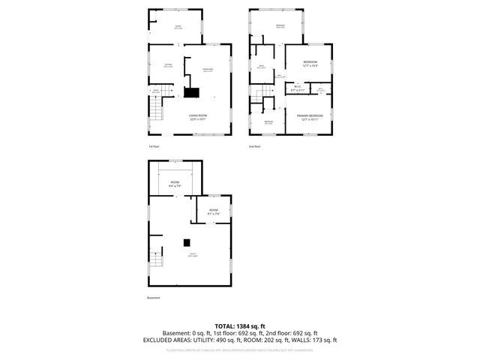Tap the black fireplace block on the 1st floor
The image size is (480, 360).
click(x=191, y=93)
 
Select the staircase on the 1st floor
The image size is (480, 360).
click(x=154, y=113)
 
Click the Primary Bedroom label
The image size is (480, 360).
click(x=310, y=117)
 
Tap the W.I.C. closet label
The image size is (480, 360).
click(x=297, y=88)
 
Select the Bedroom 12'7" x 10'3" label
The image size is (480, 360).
click(x=310, y=63)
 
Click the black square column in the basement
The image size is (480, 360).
click(x=187, y=241)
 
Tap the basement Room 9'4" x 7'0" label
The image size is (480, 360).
click(x=175, y=184)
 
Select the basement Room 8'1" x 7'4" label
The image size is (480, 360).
click(x=214, y=211)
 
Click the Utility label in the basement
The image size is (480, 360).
click(x=193, y=255)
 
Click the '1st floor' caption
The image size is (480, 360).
click(x=154, y=146)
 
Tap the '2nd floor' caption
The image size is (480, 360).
click(x=255, y=146)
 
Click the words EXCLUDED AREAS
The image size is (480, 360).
click(x=165, y=340)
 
